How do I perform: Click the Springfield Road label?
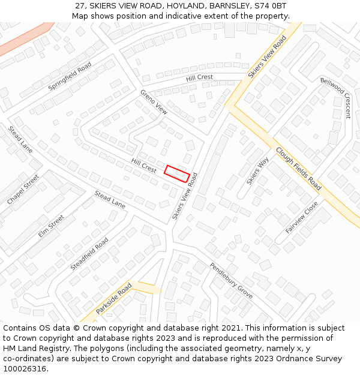pos(70,76)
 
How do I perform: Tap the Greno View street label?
pos(154,102)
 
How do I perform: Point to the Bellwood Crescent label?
pos(335,97)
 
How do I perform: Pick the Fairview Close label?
pos(302,217)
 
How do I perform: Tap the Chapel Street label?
pos(23,190)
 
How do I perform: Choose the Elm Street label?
pos(51,226)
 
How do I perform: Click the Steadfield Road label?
pos(89,253)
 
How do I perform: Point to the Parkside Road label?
pos(114,298)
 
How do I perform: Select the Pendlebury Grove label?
pos(231,280)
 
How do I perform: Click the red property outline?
pos(177,173)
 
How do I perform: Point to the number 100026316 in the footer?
pos(25,369)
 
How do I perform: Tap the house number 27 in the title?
pos(80,5)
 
